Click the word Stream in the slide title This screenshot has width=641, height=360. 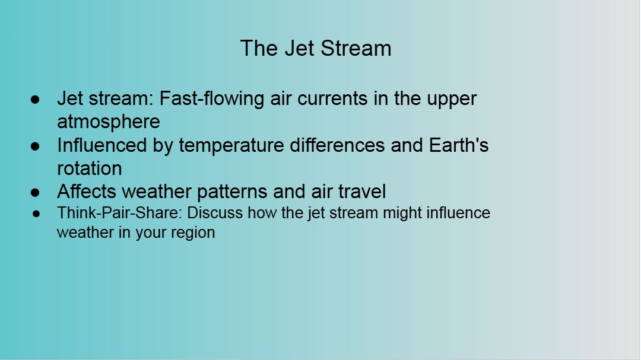(x=356, y=48)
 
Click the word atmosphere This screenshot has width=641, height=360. (x=109, y=122)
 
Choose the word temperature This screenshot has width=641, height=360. (x=231, y=146)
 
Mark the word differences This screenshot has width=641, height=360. (x=337, y=145)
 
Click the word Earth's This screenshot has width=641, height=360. (x=459, y=145)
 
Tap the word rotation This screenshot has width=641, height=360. (x=90, y=168)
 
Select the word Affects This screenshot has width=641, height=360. (x=87, y=191)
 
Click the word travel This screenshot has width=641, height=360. (x=362, y=191)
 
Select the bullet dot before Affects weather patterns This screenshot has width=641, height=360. (x=35, y=192)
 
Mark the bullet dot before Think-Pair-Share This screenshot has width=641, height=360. (x=36, y=214)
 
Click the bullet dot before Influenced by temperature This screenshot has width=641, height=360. (x=35, y=146)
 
